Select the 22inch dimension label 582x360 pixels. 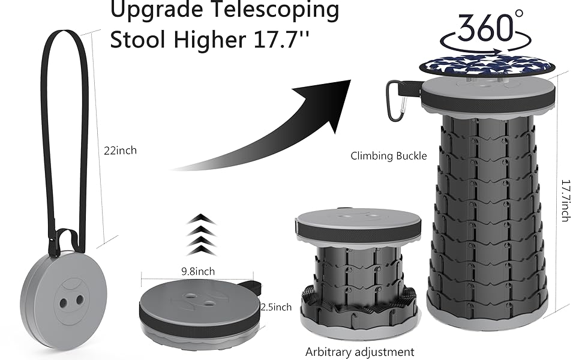[x=120, y=151]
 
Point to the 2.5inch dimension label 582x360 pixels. [x=276, y=307]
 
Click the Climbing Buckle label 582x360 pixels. [x=389, y=156]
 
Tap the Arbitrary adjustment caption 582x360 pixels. [x=359, y=352]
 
